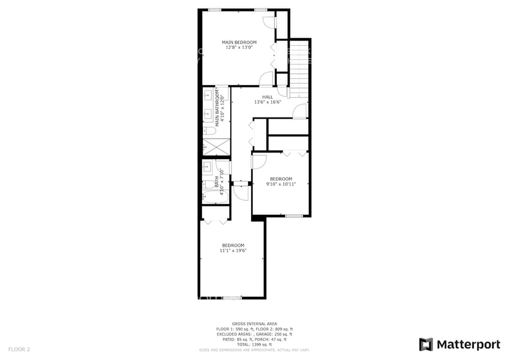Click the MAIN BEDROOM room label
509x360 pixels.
point(239,42)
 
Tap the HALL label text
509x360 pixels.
point(268,97)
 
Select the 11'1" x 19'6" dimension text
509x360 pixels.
point(233,250)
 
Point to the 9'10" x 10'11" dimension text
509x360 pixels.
point(281,184)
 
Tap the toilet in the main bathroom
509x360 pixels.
point(209,130)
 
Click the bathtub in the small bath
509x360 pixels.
point(216,196)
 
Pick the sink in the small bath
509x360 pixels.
point(208,167)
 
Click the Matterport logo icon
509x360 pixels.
point(426,344)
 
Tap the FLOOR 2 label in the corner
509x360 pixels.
point(19,349)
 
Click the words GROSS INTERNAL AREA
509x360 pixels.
point(254,323)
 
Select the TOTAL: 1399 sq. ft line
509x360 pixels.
point(254,344)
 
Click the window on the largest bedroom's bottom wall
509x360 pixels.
point(232,298)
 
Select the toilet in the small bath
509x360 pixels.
point(209,184)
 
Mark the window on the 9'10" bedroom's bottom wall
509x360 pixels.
point(293,216)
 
